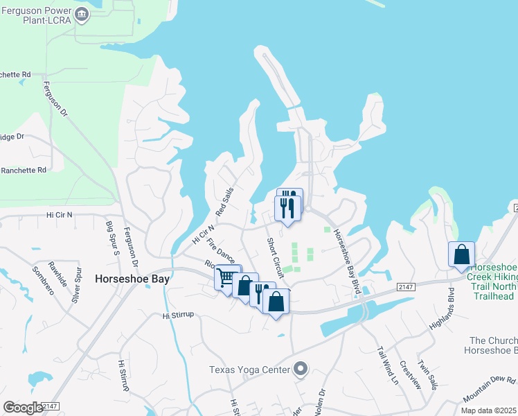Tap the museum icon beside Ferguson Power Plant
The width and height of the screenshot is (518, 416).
pos(82,14)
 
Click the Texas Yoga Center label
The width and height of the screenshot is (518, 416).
pos(249,369)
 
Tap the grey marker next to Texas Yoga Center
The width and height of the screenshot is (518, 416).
pos(300,368)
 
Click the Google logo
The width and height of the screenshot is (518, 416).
pos(23,408)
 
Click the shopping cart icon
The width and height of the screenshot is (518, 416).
pos(226,278)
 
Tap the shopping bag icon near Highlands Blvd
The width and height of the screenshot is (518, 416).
pos(461,254)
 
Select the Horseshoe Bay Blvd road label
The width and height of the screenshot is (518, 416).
pos(347,262)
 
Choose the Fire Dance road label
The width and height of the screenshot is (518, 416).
pos(222,251)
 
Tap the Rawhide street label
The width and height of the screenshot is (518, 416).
pos(57,273)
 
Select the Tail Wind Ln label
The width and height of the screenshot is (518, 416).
pos(388,365)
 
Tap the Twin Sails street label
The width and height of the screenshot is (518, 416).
pos(426,374)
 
